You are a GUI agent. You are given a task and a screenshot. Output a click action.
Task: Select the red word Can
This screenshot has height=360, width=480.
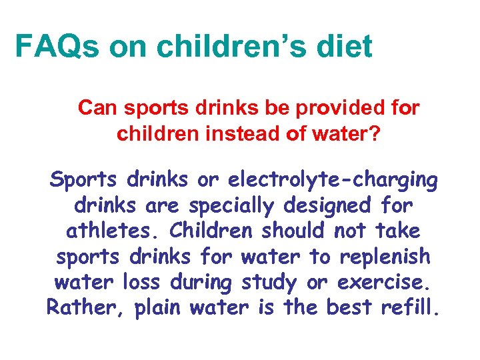pyautogui.click(x=98, y=108)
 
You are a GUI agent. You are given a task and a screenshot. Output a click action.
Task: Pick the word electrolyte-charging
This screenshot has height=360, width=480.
pyautogui.click(x=333, y=180)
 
